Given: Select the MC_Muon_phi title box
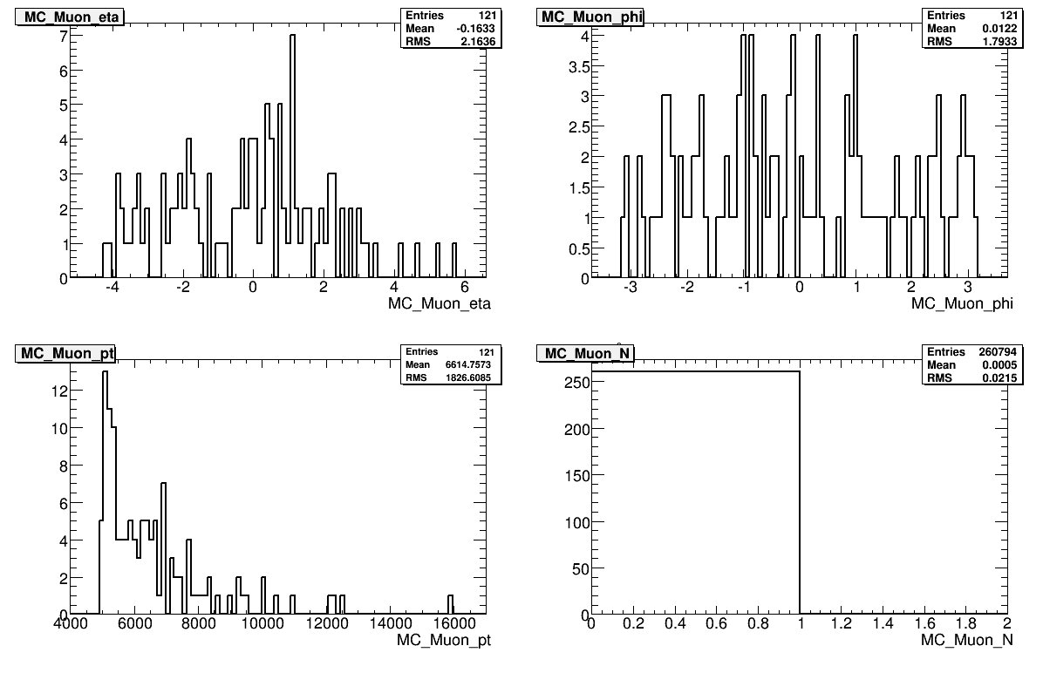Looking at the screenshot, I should [591, 17].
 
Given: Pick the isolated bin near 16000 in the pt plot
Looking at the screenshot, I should [450, 604].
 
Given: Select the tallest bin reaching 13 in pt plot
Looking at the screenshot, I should [105, 374].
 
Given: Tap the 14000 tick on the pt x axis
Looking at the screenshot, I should [390, 625].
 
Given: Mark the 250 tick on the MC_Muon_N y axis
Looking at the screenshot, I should [574, 382].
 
